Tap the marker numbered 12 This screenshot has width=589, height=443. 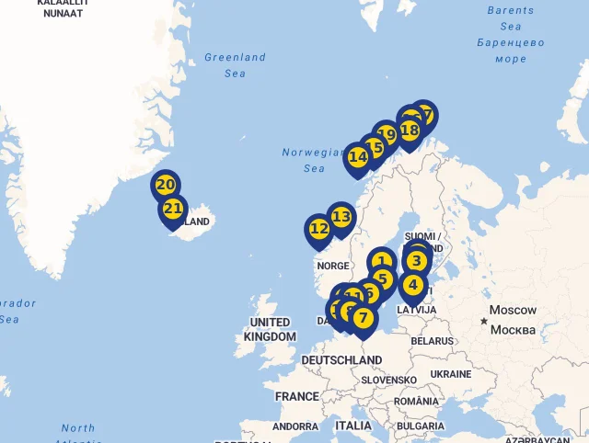(319, 229)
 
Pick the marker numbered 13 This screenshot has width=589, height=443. (341, 218)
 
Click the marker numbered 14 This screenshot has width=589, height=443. (358, 157)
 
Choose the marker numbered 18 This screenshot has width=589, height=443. (410, 131)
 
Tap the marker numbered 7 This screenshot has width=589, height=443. (364, 319)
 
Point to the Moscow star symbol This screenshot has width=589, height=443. (484, 321)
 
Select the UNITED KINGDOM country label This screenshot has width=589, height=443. (270, 329)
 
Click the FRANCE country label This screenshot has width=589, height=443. (296, 396)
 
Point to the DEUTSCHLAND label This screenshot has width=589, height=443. (341, 361)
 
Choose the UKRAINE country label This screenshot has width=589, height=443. (451, 374)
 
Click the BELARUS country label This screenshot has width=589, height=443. (432, 340)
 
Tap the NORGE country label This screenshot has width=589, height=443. (333, 266)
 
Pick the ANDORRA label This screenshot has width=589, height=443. (295, 426)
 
